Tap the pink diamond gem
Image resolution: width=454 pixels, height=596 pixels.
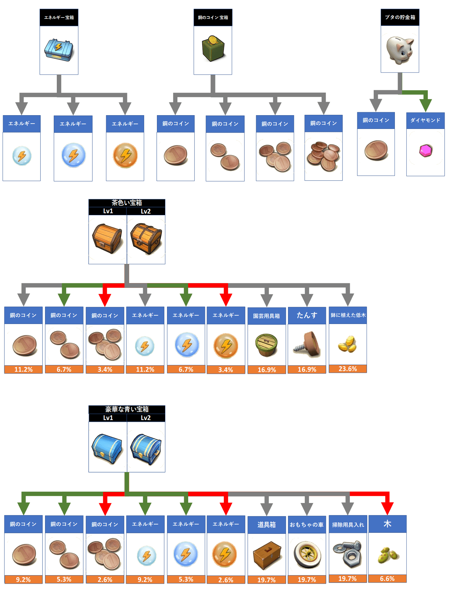425,151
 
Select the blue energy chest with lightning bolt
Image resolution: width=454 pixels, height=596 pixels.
59,50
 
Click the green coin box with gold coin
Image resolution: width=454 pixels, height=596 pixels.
213,49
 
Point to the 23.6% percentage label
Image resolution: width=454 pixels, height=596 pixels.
348,369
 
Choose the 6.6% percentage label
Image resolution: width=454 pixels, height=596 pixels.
387,579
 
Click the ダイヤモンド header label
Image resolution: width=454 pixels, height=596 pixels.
425,121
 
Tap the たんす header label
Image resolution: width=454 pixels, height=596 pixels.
307,315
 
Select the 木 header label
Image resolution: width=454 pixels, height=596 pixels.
387,524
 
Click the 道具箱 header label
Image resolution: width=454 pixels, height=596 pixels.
266,524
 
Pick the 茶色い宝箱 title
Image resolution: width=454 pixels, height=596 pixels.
127,203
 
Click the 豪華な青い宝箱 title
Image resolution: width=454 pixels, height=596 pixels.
127,409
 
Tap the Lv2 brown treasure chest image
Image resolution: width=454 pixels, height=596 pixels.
146,239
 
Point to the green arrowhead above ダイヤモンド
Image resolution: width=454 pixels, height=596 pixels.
425,105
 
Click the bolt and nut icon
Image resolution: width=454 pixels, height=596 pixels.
347,553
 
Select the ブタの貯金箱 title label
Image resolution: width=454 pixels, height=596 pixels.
400,17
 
